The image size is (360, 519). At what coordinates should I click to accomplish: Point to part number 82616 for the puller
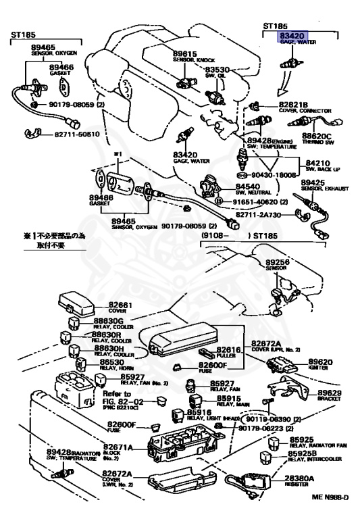(230, 350)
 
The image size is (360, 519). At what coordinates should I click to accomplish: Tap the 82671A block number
(118, 448)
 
